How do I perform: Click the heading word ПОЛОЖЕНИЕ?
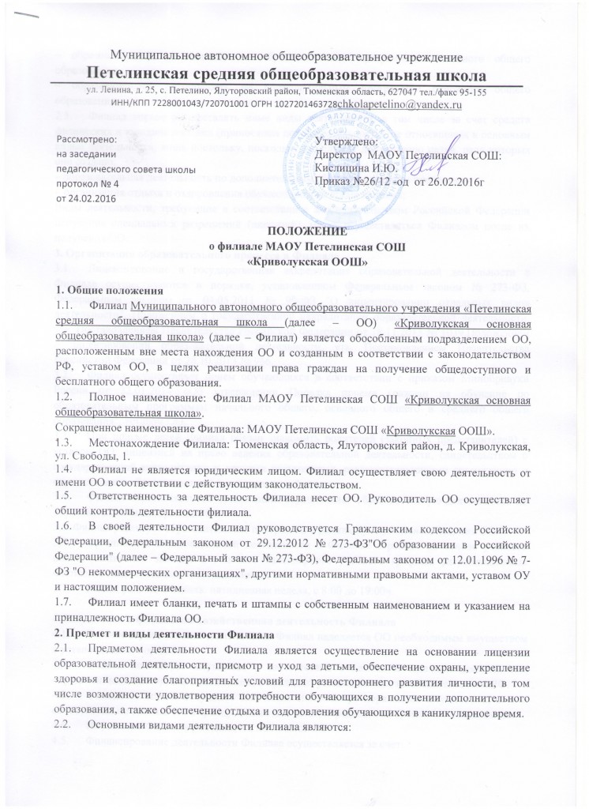294,231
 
